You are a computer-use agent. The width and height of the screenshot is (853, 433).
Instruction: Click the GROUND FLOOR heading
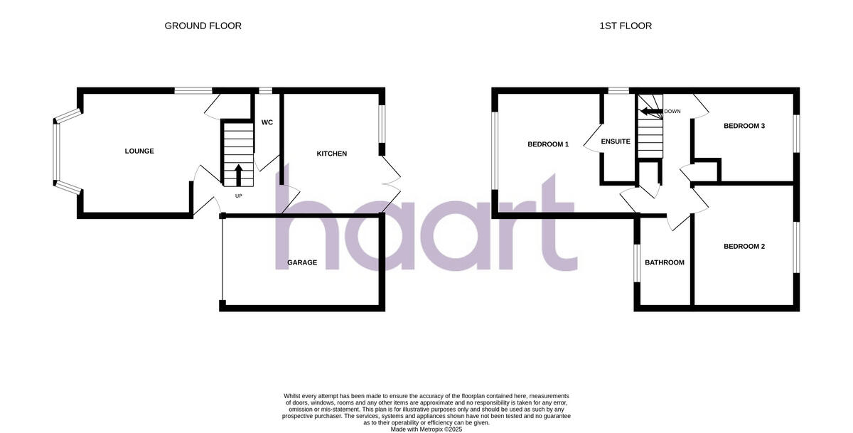(203, 26)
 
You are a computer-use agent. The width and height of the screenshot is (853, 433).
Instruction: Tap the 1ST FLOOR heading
(625, 26)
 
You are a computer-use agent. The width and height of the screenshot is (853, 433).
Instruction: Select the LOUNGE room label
(139, 151)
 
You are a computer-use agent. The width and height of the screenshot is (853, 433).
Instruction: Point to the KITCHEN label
(331, 154)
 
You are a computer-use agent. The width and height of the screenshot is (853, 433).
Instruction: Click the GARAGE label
(302, 263)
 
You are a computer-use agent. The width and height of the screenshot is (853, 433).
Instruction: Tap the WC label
(267, 122)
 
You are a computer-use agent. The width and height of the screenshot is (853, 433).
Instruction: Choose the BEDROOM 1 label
(548, 144)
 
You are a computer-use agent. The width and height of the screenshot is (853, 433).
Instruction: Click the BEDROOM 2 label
(744, 247)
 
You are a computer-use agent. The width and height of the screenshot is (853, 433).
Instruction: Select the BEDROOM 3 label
(744, 127)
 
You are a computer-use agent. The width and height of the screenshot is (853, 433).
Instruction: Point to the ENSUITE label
(616, 141)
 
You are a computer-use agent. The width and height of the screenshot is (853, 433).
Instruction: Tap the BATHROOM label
(665, 263)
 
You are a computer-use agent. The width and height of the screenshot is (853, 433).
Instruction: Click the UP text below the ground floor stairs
(238, 196)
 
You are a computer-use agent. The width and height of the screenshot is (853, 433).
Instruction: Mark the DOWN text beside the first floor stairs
(672, 112)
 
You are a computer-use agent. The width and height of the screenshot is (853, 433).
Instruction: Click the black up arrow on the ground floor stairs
(238, 174)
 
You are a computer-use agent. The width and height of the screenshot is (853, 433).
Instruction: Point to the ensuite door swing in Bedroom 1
(591, 139)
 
